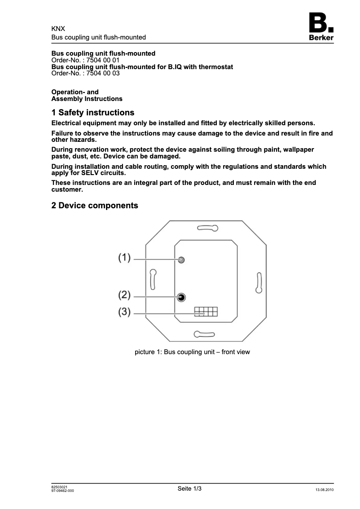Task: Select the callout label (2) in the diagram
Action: point(124,295)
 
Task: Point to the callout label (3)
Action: point(124,312)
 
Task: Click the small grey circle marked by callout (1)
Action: point(181,260)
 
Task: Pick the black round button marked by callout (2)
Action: point(181,297)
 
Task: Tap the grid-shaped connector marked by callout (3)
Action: point(206,312)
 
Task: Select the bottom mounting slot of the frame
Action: point(204,333)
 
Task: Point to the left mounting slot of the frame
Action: point(153,279)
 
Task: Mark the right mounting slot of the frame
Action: point(259,283)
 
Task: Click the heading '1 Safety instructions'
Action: point(93,113)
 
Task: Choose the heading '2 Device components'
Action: point(95,206)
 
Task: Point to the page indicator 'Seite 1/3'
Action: point(189,488)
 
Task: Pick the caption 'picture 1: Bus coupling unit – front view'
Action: point(192,352)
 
